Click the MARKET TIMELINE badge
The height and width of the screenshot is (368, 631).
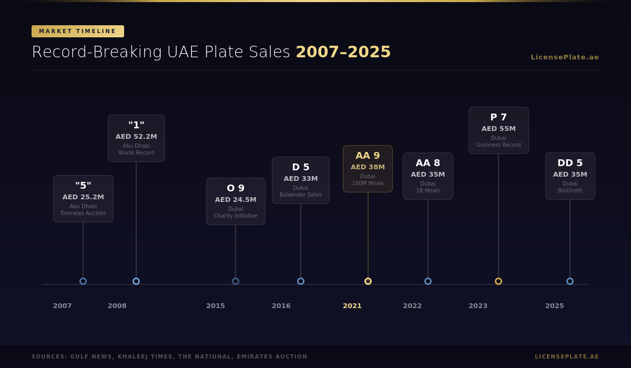(x=78, y=32)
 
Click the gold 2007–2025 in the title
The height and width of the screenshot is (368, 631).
(x=343, y=52)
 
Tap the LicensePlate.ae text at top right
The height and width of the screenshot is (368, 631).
(x=565, y=57)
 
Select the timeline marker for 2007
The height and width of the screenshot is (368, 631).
(x=83, y=281)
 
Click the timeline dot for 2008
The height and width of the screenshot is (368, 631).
(x=136, y=281)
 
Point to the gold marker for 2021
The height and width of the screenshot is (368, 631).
(x=368, y=281)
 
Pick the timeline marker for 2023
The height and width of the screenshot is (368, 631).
(x=498, y=281)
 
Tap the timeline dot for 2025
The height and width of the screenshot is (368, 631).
(x=570, y=281)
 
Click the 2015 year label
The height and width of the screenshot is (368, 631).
(x=216, y=306)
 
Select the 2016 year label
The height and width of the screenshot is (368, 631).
(x=281, y=306)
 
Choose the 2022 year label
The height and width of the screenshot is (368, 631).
(x=412, y=306)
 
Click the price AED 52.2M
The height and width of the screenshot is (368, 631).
(x=136, y=137)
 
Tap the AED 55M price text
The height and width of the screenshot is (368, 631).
(x=498, y=129)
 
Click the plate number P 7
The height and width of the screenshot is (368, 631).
(x=498, y=117)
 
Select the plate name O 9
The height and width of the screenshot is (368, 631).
(x=236, y=188)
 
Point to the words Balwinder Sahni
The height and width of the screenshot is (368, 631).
(x=301, y=195)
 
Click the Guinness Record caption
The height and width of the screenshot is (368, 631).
(x=498, y=145)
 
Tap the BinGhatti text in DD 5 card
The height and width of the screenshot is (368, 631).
(x=570, y=191)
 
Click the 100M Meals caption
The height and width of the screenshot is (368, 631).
(x=368, y=183)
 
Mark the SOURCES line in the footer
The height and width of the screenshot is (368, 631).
(x=169, y=357)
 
